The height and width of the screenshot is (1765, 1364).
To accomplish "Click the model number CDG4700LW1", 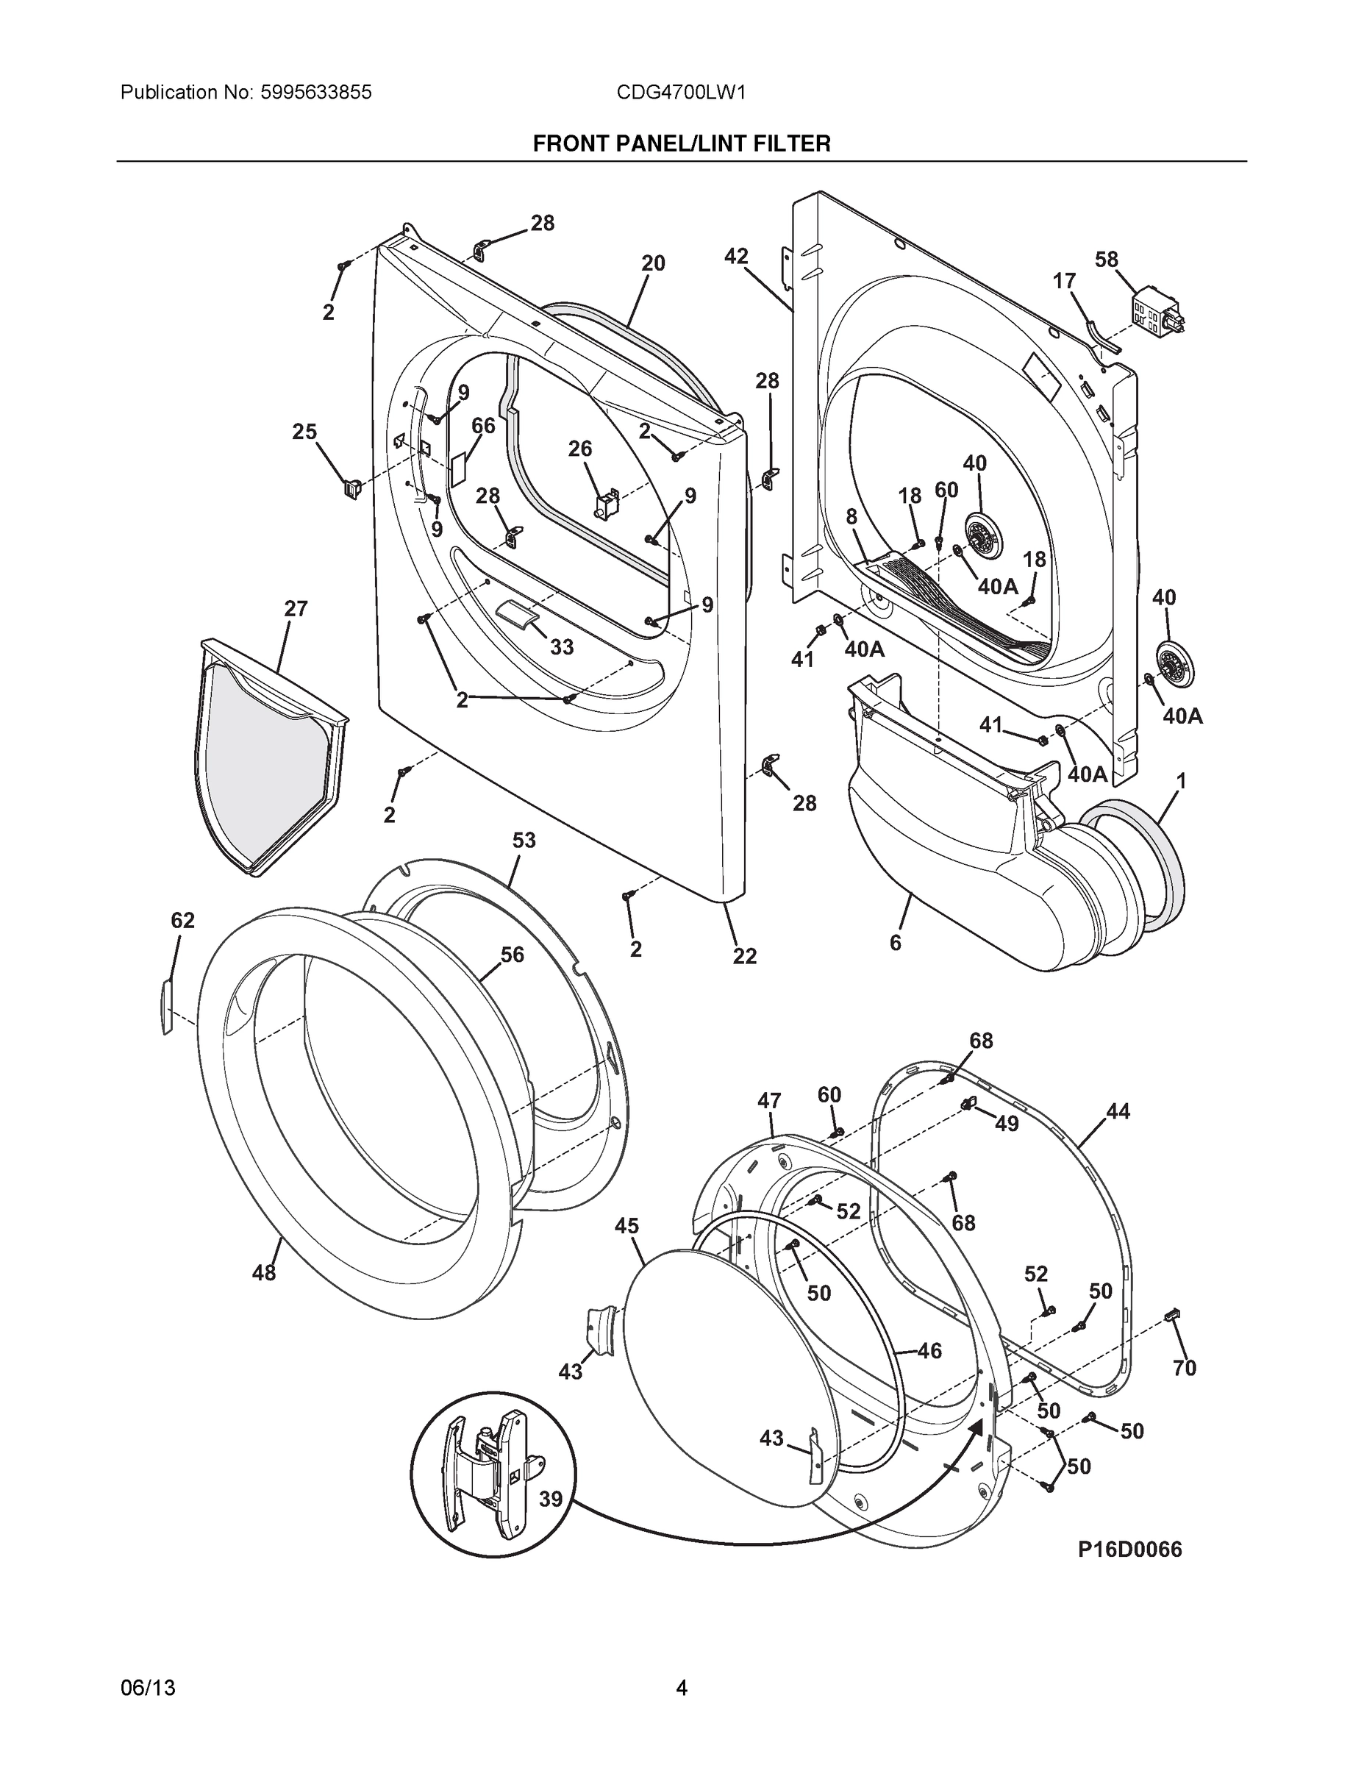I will (680, 93).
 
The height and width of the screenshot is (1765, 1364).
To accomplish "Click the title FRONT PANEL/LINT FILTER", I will (681, 144).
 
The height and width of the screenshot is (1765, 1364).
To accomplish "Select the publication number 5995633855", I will (315, 93).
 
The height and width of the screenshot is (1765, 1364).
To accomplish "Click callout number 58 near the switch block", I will (1106, 260).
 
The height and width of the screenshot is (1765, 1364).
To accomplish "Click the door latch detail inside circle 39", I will (493, 1477).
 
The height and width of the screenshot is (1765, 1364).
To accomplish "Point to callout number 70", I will (1184, 1368).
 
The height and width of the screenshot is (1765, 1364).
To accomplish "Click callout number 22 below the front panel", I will (744, 956).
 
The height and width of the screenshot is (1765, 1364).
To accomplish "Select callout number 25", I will (304, 432).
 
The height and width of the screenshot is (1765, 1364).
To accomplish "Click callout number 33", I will (562, 646).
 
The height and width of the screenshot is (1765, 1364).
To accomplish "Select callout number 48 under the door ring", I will (264, 1273).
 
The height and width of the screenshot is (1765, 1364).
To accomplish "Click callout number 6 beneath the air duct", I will (896, 942).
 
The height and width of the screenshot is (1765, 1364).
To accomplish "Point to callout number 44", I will (1118, 1112).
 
